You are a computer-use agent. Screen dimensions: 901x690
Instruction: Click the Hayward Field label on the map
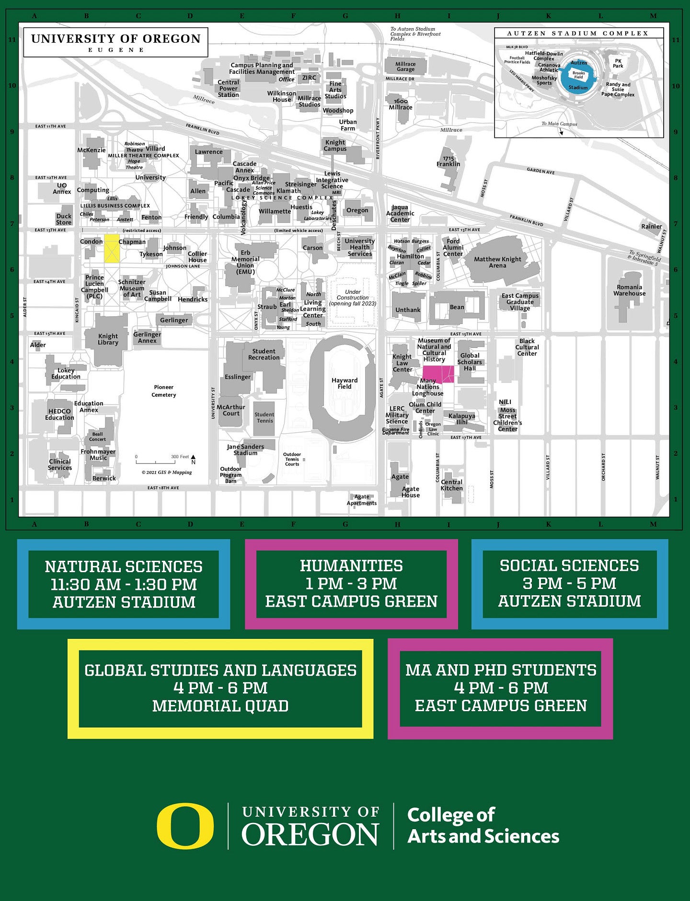pos(345,383)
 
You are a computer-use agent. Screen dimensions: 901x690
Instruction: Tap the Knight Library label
pos(108,339)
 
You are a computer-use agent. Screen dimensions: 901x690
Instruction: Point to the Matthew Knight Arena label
pos(497,262)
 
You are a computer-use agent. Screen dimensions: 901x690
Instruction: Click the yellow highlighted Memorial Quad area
pos(112,248)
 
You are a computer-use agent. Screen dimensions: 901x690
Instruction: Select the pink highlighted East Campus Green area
pos(438,374)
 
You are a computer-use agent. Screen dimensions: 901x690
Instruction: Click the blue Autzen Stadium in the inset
pos(579,75)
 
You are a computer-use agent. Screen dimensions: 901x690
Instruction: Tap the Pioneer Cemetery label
pos(163,391)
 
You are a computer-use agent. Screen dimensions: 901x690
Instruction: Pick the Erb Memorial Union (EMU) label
pos(245,262)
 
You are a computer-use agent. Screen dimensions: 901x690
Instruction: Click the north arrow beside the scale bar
pos(193,459)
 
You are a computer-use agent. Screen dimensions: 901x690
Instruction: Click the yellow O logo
pos(185,826)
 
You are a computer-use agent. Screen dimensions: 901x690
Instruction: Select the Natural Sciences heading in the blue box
pos(124,566)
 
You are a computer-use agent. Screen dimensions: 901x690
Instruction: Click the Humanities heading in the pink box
pos(351,566)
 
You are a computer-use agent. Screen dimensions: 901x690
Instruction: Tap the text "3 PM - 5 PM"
pos(569,583)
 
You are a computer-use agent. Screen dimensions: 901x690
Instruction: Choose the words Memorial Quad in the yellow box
pos(220,706)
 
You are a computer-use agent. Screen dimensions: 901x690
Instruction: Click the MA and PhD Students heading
pos(501,670)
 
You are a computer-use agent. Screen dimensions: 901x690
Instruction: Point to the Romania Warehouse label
pos(629,290)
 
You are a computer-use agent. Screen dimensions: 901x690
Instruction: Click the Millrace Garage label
pos(405,67)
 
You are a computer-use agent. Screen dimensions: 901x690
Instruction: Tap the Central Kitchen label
pos(451,485)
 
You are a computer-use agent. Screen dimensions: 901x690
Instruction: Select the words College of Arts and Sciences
pos(483,826)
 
